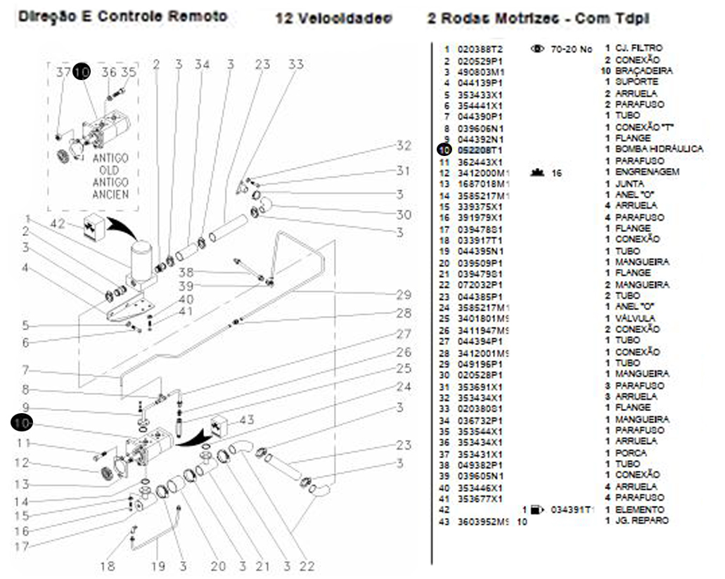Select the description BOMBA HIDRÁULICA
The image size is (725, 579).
pos(659,149)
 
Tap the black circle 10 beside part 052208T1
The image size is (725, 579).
pos(444,149)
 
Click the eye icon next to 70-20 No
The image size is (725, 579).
pos(538,48)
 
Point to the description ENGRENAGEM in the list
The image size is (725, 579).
pos(638,171)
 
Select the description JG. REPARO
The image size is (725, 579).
pos(641,521)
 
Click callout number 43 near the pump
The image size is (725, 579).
pos(247,420)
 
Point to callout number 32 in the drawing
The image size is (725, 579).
pos(403,146)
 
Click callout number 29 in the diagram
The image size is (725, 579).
pos(403,294)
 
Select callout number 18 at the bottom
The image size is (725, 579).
pos(108,566)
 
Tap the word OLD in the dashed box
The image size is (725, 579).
pos(110,171)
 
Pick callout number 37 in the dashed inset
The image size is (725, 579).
pos(63,72)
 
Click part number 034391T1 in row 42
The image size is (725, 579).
pos(572,509)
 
